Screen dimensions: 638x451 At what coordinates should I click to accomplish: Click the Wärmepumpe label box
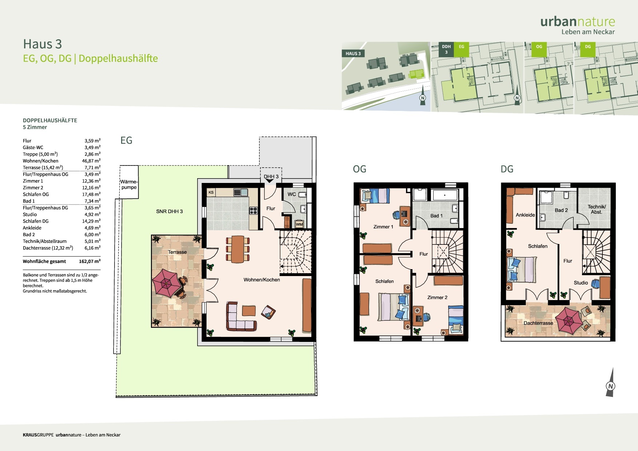(x=129, y=182)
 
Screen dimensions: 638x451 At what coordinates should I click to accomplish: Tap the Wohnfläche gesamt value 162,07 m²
(x=90, y=261)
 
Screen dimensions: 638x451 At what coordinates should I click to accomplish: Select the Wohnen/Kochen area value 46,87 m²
(x=91, y=161)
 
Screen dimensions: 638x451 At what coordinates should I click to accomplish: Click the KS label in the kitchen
(x=211, y=192)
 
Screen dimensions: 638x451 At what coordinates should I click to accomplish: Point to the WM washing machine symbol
(x=299, y=224)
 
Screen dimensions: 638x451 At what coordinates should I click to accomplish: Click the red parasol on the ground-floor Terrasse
(x=166, y=283)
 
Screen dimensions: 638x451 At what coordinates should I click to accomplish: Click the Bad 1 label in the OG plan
(x=436, y=216)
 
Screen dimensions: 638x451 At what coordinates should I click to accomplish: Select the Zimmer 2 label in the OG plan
(x=437, y=298)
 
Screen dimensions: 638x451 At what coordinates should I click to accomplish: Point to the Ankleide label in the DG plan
(x=525, y=215)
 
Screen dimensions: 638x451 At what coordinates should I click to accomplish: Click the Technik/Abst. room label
(x=597, y=209)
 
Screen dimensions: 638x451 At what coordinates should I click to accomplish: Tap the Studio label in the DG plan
(x=581, y=283)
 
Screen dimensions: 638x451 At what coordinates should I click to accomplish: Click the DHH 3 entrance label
(x=271, y=176)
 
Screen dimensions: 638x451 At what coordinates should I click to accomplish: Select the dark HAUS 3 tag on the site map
(x=353, y=53)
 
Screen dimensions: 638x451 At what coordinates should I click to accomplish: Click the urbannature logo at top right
(x=578, y=25)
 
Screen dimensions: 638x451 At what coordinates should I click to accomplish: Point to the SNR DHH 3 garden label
(x=170, y=211)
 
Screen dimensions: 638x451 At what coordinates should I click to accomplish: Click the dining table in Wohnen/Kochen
(x=238, y=249)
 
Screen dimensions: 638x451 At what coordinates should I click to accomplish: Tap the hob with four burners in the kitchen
(x=254, y=210)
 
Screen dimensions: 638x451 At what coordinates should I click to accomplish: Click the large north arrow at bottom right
(x=611, y=383)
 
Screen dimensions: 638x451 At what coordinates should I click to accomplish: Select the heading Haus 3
(x=43, y=44)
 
